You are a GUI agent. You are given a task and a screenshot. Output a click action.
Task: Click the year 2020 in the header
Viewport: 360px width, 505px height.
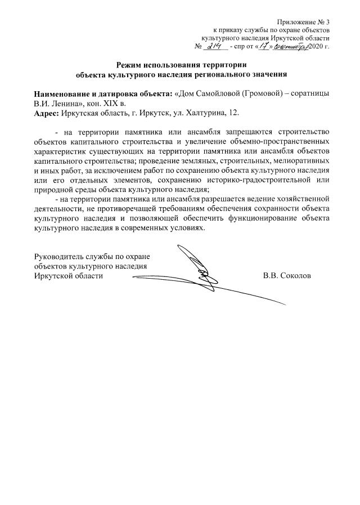pos(316,46)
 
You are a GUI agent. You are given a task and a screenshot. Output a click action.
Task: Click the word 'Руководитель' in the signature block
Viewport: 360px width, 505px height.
pos(58,256)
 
